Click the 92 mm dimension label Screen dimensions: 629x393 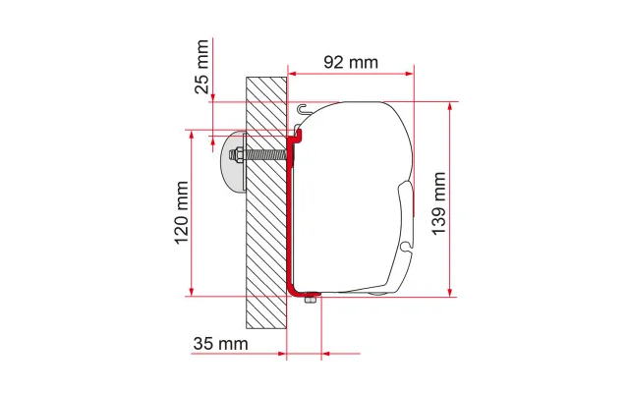[x=351, y=63]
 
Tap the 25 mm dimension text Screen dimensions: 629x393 [x=201, y=67]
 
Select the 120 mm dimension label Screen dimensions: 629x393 [x=181, y=212]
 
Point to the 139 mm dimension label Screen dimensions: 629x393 [x=439, y=203]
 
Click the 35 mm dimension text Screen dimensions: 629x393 [x=220, y=344]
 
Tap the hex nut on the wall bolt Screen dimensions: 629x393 [x=238, y=155]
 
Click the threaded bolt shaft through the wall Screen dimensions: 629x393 [x=265, y=154]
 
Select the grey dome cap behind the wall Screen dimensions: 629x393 [x=234, y=161]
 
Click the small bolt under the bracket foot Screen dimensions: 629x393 [x=310, y=299]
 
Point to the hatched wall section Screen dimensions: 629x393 [x=266, y=203]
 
